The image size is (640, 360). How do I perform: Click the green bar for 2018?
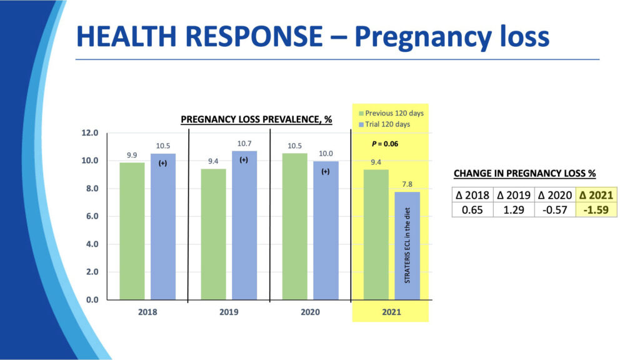pos(132,231)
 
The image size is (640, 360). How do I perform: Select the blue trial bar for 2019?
pos(244,225)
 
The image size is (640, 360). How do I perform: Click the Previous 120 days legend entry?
pos(392,113)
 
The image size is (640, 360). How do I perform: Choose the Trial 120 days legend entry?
pos(387,124)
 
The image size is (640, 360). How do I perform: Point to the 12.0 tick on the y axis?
pos(90,132)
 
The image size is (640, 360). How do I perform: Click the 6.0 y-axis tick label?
pos(90,216)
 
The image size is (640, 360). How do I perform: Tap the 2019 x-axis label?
pos(229,312)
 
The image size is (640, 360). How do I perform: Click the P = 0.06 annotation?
pos(385,144)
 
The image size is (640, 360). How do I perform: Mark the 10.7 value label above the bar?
pos(244,144)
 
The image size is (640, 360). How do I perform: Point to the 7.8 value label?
pos(407,184)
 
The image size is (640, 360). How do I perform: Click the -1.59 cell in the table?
pos(597,210)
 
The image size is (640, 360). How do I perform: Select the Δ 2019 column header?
pos(514,195)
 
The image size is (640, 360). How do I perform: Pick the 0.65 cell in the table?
pos(473,210)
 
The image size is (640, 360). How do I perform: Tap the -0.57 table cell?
pos(556,210)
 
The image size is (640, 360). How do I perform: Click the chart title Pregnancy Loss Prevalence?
pos(256,119)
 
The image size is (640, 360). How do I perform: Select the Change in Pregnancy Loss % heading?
pos(524,172)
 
